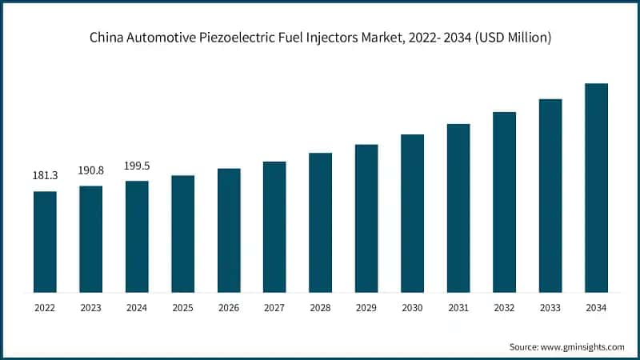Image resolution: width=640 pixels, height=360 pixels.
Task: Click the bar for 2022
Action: pyautogui.click(x=45, y=242)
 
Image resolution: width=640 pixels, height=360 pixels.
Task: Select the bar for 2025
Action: pyautogui.click(x=182, y=234)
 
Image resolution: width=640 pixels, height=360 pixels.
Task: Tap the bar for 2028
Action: pyautogui.click(x=320, y=222)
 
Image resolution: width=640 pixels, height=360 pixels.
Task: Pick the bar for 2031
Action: pyautogui.click(x=458, y=208)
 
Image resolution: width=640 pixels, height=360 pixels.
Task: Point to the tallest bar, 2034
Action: pyautogui.click(x=596, y=187)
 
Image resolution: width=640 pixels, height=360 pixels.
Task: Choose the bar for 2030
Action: pyautogui.click(x=412, y=213)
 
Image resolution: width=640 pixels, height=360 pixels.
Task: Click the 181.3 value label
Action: pyautogui.click(x=45, y=175)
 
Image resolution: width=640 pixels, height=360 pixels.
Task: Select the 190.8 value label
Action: pyautogui.click(x=90, y=170)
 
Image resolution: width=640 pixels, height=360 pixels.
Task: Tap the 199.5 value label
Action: pyautogui.click(x=137, y=166)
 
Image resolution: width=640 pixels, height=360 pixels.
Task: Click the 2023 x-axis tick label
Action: pyautogui.click(x=90, y=308)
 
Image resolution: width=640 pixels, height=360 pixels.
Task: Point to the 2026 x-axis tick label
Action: pyautogui.click(x=229, y=308)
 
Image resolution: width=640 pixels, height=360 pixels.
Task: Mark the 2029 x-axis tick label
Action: pyautogui.click(x=366, y=308)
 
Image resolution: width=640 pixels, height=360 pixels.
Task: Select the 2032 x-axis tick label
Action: pyautogui.click(x=504, y=308)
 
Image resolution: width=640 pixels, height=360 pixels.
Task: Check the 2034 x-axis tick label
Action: pyautogui.click(x=596, y=308)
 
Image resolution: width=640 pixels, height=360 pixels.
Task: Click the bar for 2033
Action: pyautogui.click(x=550, y=195)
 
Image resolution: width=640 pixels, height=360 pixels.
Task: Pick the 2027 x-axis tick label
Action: pyautogui.click(x=274, y=308)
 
